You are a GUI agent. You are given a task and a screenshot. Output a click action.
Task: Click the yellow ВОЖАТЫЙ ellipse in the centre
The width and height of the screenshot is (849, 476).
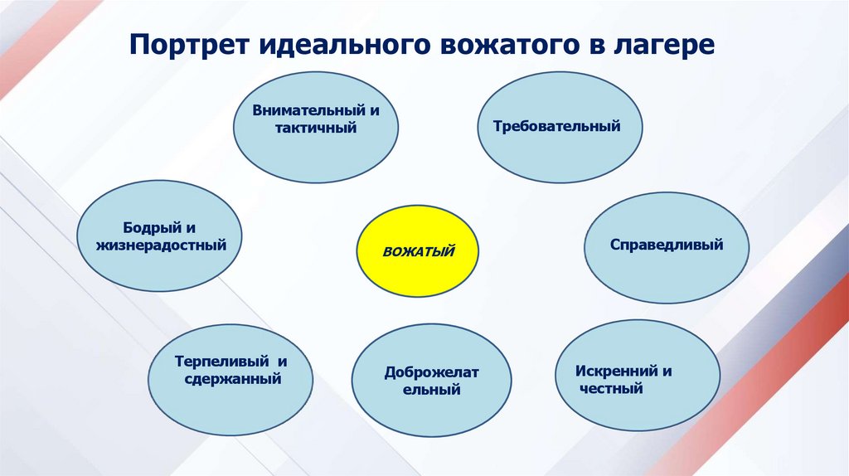point(418,250)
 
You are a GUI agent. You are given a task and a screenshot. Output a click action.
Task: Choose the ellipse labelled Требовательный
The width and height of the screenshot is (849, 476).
point(560,127)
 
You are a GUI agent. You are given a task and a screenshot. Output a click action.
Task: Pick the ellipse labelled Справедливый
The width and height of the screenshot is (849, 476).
point(667,247)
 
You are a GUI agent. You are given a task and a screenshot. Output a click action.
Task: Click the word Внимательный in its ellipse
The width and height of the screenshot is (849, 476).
point(309,110)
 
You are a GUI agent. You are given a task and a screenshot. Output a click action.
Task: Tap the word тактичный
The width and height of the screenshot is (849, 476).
point(316,129)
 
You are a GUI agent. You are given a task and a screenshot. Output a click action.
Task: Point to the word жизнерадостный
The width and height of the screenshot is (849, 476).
point(161,245)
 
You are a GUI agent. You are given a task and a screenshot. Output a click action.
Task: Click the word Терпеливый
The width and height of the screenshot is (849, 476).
point(222,362)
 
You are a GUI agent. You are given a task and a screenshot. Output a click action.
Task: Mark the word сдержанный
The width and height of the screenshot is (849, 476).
point(233,378)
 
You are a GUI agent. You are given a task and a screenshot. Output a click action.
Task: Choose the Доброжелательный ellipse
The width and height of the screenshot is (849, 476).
point(431,380)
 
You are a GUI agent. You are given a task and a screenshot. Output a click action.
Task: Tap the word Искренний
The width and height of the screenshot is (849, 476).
point(616,372)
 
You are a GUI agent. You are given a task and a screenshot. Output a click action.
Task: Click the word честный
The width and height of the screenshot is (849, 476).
point(611,388)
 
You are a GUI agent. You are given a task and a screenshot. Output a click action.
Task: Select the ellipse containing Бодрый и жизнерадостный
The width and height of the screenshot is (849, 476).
point(159,236)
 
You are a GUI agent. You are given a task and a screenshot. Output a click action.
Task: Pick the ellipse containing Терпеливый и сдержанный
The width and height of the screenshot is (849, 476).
point(230,380)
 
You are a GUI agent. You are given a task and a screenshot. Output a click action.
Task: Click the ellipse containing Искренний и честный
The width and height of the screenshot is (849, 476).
point(638,376)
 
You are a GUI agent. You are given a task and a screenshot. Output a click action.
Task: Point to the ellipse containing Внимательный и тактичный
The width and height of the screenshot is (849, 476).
point(316,127)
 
